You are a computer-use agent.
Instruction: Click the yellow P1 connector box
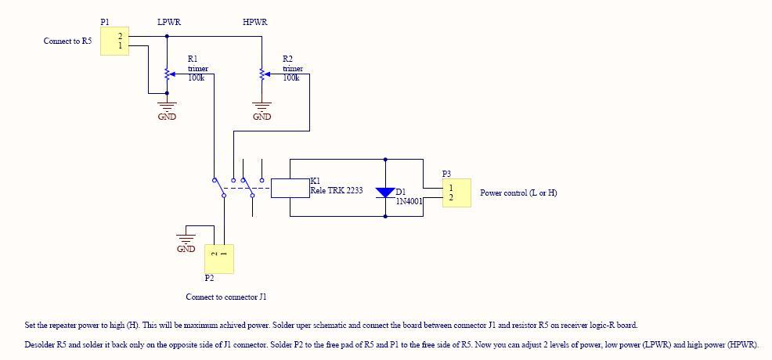pos(115,41)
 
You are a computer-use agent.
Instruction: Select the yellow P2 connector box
pos(219,259)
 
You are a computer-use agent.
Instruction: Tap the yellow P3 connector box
pos(456,193)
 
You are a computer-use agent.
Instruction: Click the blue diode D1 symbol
pos(385,193)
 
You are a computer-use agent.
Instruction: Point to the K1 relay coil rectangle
pos(290,188)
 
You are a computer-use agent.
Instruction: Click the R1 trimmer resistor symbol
pos(167,74)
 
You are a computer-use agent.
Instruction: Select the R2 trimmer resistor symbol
pos(262,74)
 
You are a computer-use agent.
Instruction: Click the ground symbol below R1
pos(167,106)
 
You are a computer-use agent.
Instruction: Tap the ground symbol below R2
pos(262,106)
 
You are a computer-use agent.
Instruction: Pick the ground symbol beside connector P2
pos(186,239)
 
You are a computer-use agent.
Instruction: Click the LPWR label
pos(169,23)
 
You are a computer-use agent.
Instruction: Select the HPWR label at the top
pos(255,23)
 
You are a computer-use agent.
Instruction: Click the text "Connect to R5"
pos(67,41)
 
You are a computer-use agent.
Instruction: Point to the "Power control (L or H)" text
pos(518,193)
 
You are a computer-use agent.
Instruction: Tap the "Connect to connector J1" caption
pos(226,297)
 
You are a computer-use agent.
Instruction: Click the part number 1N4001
pos(409,200)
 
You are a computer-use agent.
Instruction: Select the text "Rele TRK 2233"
pos(336,190)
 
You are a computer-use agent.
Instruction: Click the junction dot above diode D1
pos(385,160)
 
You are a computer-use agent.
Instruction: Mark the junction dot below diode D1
pos(385,217)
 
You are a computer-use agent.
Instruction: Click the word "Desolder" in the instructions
pos(38,345)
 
